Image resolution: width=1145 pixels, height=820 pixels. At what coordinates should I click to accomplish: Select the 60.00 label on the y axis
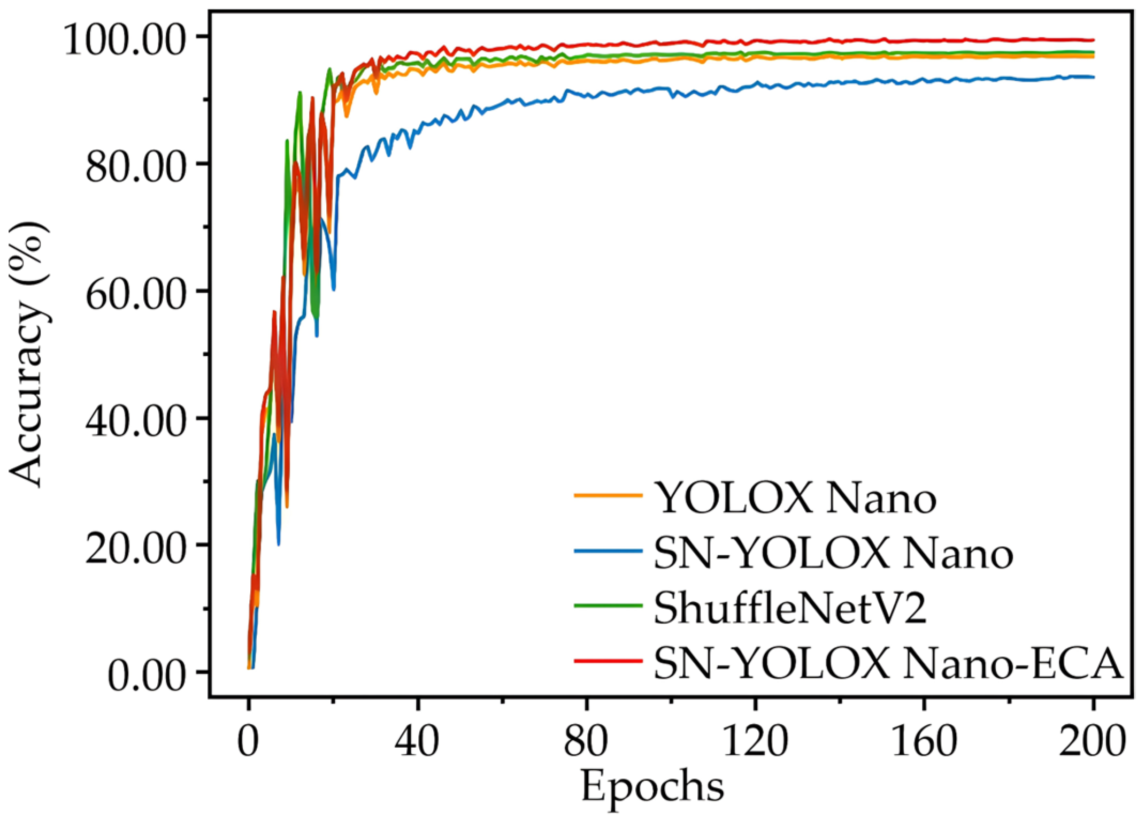click(x=135, y=294)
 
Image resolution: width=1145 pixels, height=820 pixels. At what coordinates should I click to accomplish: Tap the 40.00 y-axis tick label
click(x=135, y=420)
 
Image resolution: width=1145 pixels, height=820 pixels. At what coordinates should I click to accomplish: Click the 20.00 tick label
click(x=135, y=548)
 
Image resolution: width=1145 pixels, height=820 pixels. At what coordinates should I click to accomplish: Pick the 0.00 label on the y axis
click(x=146, y=675)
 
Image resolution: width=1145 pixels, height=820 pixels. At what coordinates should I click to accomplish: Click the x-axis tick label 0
click(x=248, y=741)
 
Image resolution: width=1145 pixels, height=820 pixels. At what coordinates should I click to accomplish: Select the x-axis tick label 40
click(x=417, y=741)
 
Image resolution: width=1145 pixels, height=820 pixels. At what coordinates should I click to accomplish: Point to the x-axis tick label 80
click(x=586, y=741)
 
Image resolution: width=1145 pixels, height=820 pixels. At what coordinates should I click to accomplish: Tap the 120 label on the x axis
click(x=755, y=741)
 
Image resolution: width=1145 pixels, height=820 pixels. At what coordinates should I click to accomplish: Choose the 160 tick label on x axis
click(x=924, y=741)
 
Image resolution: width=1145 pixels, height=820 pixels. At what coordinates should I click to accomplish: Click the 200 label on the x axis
click(x=1093, y=741)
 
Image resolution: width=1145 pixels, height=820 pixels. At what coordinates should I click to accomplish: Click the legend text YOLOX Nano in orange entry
click(x=795, y=497)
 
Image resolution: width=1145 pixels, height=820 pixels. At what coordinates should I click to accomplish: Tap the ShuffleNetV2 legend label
click(x=790, y=608)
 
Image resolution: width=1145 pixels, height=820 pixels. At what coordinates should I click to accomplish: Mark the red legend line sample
click(x=608, y=661)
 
